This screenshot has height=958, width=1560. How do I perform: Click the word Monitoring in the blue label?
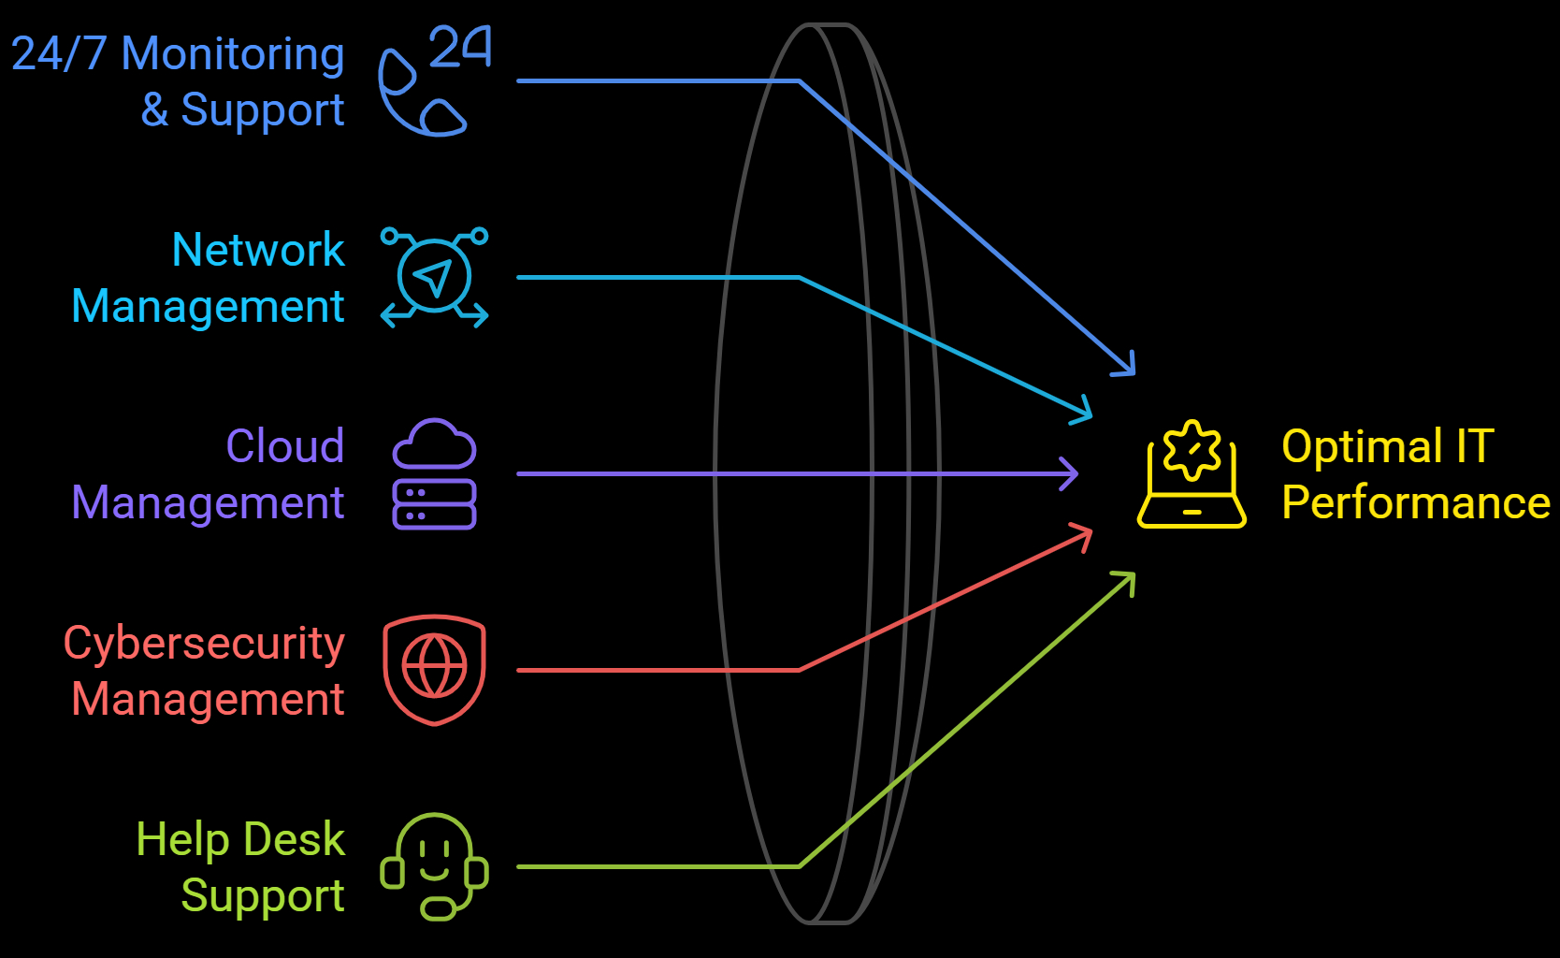pos(233,54)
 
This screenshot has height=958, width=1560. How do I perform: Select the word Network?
pos(258,250)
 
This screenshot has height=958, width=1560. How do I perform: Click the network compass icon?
pos(434,278)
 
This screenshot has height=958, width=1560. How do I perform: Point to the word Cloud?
pos(285,446)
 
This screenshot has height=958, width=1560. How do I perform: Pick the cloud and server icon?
pos(434,474)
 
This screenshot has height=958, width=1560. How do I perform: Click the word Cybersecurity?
pos(204,644)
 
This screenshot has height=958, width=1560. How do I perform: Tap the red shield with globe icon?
pos(434,669)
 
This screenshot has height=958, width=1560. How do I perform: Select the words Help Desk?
pos(240,839)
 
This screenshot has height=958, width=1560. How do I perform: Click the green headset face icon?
pos(434,865)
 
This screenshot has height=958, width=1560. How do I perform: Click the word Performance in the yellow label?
pos(1416,502)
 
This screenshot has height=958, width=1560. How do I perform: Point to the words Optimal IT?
pos(1388,446)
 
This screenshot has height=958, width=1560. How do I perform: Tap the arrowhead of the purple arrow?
pos(1072,474)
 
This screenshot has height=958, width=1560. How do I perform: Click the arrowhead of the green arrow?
pos(1129,577)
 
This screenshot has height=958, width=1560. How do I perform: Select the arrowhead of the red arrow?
pos(1087,533)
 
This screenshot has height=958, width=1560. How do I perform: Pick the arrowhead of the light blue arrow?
pos(1086,413)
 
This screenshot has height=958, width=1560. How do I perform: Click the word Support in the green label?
pos(263,895)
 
